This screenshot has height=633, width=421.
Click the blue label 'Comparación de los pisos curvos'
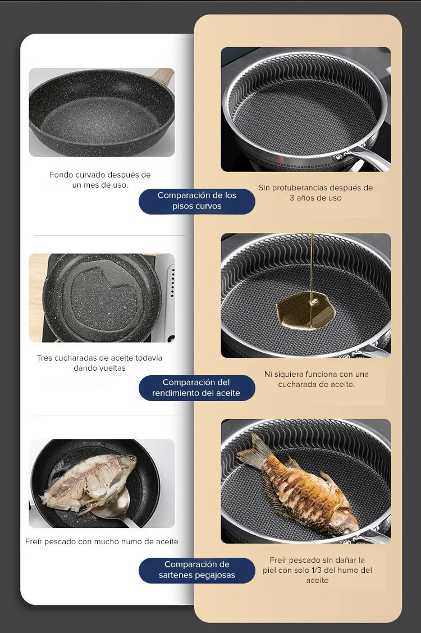pyautogui.click(x=197, y=201)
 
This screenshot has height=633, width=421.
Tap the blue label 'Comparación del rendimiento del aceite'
pyautogui.click(x=197, y=388)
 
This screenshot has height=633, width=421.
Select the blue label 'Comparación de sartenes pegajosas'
pyautogui.click(x=197, y=570)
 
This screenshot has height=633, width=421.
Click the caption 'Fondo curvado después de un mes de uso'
pyautogui.click(x=100, y=180)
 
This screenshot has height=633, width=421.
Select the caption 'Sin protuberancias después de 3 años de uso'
pyautogui.click(x=315, y=193)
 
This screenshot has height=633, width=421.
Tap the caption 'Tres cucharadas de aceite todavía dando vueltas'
pyautogui.click(x=99, y=363)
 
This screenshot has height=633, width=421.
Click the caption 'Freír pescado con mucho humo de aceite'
pyautogui.click(x=102, y=542)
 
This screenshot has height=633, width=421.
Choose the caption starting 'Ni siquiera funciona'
pyautogui.click(x=317, y=379)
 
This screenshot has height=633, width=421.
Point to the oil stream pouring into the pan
pyautogui.click(x=312, y=266)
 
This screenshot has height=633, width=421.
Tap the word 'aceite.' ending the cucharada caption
pyautogui.click(x=342, y=384)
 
